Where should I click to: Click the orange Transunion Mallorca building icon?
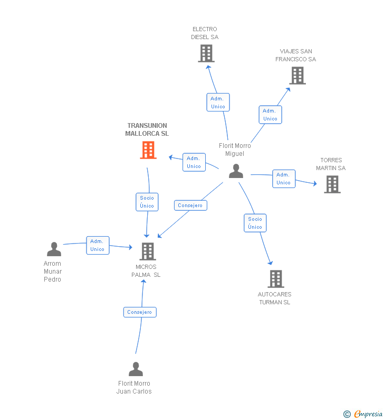pyautogui.click(x=148, y=150)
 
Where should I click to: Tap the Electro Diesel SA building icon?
pyautogui.click(x=206, y=53)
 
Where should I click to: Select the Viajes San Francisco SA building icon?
pyautogui.click(x=297, y=76)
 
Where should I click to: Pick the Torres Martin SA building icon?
pyautogui.click(x=332, y=184)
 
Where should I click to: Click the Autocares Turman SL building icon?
pyautogui.click(x=275, y=279)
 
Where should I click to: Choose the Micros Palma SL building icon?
pyautogui.click(x=148, y=251)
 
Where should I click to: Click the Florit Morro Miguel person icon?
pyautogui.click(x=236, y=171)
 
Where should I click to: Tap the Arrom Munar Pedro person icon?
pyautogui.click(x=54, y=249)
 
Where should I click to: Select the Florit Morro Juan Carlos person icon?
pyautogui.click(x=136, y=369)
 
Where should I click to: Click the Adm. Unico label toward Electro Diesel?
pyautogui.click(x=218, y=102)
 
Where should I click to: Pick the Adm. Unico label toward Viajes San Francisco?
pyautogui.click(x=270, y=115)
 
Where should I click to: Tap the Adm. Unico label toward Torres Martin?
pyautogui.click(x=284, y=179)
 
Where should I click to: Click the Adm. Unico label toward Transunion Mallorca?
pyautogui.click(x=194, y=162)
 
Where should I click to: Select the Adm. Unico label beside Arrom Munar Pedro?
pyautogui.click(x=98, y=245)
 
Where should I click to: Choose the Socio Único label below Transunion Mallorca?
pyautogui.click(x=147, y=202)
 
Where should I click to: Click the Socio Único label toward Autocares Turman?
pyautogui.click(x=255, y=223)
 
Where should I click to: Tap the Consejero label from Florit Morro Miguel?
pyautogui.click(x=190, y=206)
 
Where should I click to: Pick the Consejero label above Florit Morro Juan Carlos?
pyautogui.click(x=139, y=312)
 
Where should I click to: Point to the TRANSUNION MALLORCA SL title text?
pyautogui.click(x=147, y=130)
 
